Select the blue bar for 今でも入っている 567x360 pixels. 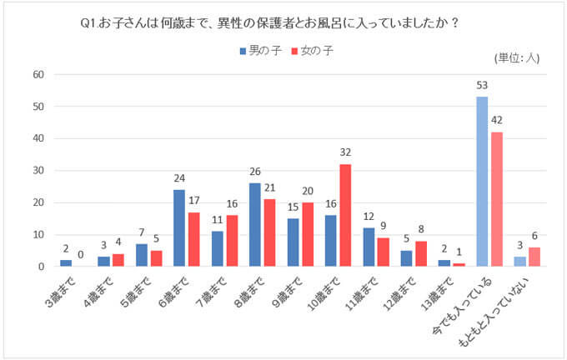[482, 182]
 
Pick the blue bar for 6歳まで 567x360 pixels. [179, 228]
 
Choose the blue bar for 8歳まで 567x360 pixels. [254, 225]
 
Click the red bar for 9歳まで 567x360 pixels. [308, 234]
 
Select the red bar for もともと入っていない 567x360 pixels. [535, 257]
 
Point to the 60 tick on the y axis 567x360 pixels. [38, 74]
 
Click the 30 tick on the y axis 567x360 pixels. [38, 171]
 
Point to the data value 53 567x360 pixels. [482, 86]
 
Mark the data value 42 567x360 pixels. [497, 121]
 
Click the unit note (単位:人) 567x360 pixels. [518, 57]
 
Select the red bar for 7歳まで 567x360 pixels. [232, 241]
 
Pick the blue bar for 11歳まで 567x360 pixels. [368, 247]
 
